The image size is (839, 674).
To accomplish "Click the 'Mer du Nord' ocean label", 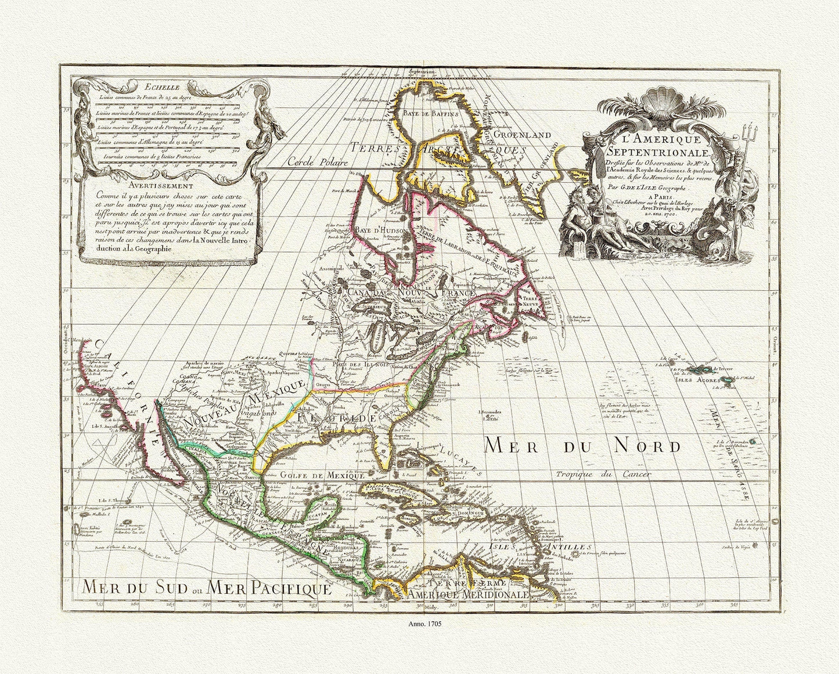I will (574, 446).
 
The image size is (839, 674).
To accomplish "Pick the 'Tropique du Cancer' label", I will (600, 474).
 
